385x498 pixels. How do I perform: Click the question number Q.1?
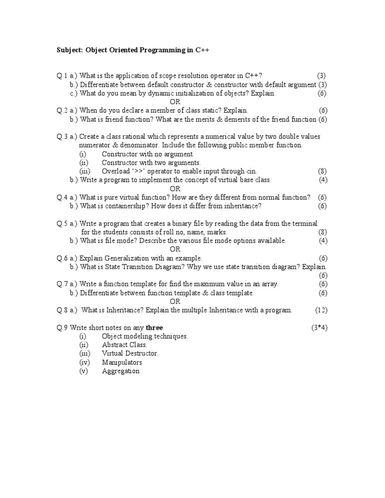62,76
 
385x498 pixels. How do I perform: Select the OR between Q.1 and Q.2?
174,102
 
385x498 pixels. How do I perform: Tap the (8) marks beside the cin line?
322,171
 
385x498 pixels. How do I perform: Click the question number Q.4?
62,197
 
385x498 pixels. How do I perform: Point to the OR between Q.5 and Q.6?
174,250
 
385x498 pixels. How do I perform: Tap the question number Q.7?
62,284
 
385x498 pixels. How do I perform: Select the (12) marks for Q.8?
321,310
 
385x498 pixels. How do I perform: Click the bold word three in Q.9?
154,328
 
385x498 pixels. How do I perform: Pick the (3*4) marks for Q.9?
319,328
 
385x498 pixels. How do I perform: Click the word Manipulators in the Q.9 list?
122,362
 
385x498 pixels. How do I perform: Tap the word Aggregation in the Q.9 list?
121,371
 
